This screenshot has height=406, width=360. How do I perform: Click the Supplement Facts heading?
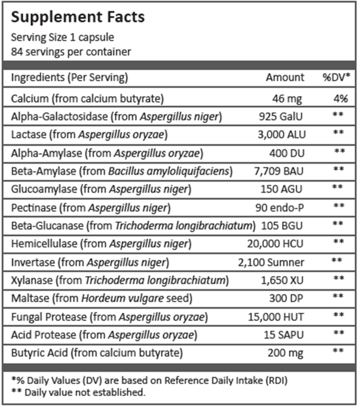coord(78,17)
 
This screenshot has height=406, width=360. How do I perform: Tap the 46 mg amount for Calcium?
coord(288,98)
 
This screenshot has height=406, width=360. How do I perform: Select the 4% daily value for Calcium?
coord(340,98)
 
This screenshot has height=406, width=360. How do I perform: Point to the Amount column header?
coord(285,77)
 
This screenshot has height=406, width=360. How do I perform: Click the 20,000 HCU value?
coord(276,244)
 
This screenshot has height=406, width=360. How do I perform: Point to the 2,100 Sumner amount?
coord(271,262)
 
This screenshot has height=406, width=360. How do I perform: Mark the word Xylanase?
coord(32,280)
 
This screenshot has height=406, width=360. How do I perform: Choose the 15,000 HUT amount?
coord(276,317)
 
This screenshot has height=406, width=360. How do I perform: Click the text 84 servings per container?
coord(71,52)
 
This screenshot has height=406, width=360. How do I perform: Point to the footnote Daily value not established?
coord(84,393)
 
